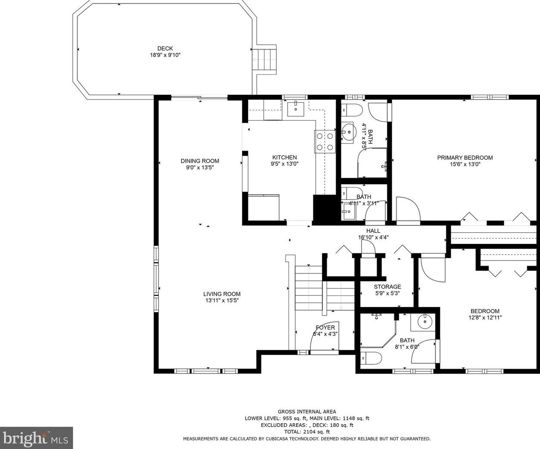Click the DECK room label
(165, 48)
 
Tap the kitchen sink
(296, 109)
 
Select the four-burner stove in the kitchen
(325, 142)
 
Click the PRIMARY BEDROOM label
(465, 158)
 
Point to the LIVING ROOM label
(222, 294)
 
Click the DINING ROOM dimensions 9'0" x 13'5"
(200, 167)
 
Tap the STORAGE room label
(387, 287)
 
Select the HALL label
(373, 231)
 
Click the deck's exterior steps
(264, 59)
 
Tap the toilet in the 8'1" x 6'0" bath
(371, 358)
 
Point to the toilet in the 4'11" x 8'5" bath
(351, 110)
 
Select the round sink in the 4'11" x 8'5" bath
(349, 132)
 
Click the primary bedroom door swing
(408, 209)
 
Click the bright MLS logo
(36, 438)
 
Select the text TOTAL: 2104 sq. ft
(307, 432)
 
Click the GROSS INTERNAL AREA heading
(307, 412)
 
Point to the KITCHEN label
(285, 157)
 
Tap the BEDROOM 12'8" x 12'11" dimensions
(485, 318)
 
